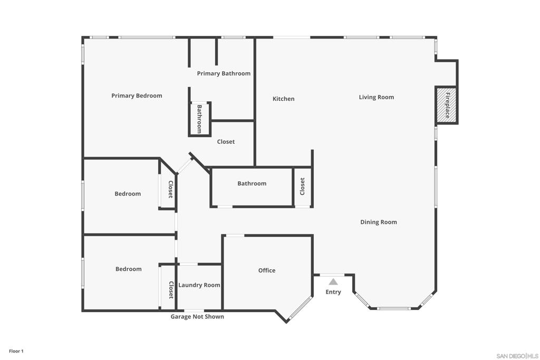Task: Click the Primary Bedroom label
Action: (137, 96)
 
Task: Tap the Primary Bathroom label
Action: (224, 73)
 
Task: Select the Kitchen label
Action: (283, 99)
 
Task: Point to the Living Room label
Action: (376, 97)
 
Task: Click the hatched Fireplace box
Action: (446, 105)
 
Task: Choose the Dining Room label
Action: (378, 222)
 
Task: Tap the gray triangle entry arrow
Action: (333, 282)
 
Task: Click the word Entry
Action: (333, 292)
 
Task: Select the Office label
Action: (266, 270)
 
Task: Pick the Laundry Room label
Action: (199, 285)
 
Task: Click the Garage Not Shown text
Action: (197, 317)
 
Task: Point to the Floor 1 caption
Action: (16, 351)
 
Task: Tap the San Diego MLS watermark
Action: (517, 356)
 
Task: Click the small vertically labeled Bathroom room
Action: (200, 119)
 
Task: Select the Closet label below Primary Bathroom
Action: (226, 142)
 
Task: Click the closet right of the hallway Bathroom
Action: (302, 186)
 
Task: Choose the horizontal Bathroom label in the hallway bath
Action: (252, 183)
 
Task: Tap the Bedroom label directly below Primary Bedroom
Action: (128, 194)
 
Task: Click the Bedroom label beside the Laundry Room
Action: (128, 269)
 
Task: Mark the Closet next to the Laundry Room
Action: (170, 290)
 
